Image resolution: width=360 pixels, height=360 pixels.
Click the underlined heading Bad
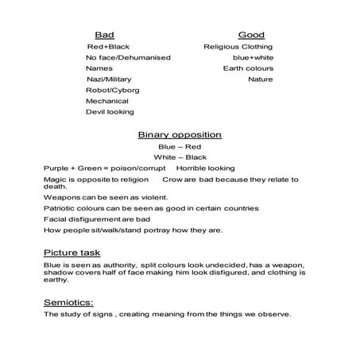[103, 35]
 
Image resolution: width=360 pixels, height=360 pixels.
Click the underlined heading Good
[251, 35]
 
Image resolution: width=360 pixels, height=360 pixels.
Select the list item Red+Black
[107, 47]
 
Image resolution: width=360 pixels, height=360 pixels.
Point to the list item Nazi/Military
[108, 79]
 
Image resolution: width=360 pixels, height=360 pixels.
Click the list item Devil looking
[110, 112]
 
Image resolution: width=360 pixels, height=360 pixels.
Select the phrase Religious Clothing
[238, 47]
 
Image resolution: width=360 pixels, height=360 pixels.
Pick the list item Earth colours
[248, 68]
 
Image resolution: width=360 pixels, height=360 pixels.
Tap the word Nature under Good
[260, 79]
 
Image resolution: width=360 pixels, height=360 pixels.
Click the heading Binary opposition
[179, 134]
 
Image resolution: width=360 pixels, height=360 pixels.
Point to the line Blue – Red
[179, 147]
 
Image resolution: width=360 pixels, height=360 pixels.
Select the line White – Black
[180, 157]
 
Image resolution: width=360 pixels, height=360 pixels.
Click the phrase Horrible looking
[205, 168]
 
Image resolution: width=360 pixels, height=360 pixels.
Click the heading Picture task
[72, 252]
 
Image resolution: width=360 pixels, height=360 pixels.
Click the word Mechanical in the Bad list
[107, 101]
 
